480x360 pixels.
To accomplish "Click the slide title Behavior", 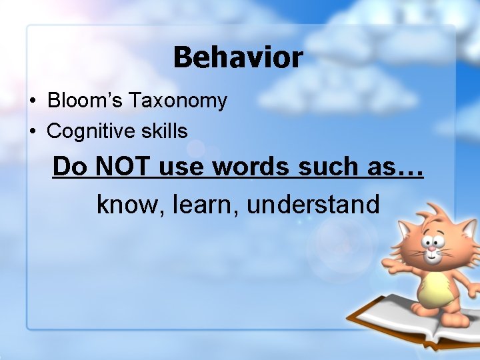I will (x=238, y=57).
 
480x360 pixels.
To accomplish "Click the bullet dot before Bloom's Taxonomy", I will (x=32, y=102).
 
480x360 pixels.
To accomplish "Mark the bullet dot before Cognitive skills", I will (x=32, y=132).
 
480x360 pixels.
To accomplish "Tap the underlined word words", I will (x=251, y=167).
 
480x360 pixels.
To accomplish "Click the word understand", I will (x=313, y=204).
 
